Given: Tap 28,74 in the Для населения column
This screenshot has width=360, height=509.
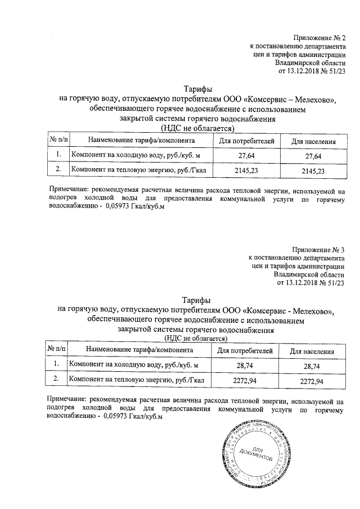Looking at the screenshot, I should pos(312,366).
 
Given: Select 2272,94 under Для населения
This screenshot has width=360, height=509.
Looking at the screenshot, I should pos(312,381).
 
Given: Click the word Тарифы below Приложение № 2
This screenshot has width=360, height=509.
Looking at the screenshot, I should pos(198,89).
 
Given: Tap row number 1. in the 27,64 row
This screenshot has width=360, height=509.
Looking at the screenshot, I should pos(58,155).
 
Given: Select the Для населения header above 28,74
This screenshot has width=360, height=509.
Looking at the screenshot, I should pos(312,352).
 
